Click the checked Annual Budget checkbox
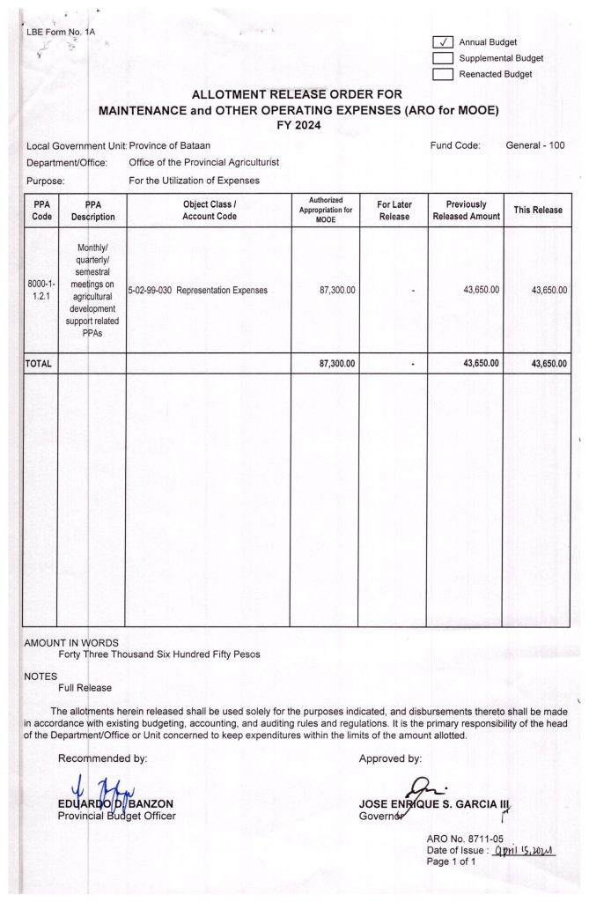(442, 42)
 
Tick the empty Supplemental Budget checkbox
(442, 58)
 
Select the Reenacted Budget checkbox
(442, 74)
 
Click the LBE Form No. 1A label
(61, 33)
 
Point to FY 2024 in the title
(298, 126)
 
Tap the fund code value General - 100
(535, 145)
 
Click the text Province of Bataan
(170, 145)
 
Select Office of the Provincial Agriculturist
(203, 163)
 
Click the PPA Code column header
(41, 211)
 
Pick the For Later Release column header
(394, 211)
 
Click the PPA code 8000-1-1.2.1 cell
(41, 290)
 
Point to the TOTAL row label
(40, 363)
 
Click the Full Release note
(85, 687)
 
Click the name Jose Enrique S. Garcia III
(435, 802)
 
